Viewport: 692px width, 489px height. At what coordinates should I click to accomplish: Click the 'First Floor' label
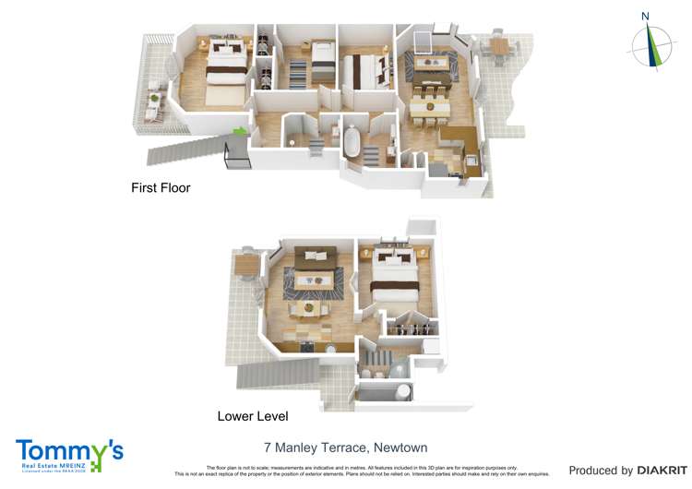coord(161,187)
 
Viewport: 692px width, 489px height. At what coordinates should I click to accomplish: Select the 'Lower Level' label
coord(253,416)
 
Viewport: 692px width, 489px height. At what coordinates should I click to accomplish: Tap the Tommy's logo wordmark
coord(69,451)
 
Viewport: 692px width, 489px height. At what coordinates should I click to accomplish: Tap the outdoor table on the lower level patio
coord(246,265)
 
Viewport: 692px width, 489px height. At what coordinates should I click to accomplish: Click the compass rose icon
coord(652,45)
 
